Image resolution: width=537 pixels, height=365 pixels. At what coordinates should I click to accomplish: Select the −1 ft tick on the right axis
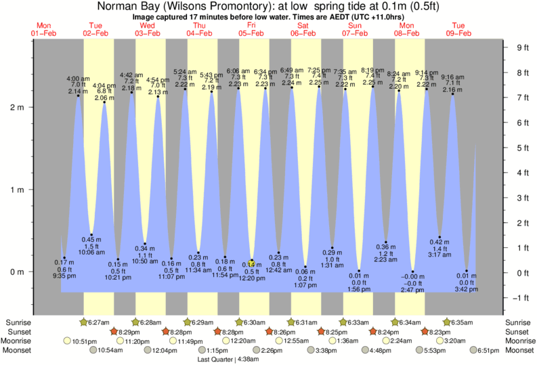point(521,298)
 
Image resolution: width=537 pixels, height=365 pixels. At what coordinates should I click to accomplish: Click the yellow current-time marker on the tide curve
point(251,263)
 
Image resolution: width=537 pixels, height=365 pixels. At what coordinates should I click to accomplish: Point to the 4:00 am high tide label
point(78,79)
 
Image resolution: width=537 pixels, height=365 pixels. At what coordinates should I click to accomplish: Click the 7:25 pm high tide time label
point(318,70)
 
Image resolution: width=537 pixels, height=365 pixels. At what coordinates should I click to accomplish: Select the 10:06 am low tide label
point(91,252)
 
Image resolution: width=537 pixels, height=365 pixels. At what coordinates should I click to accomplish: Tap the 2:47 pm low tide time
point(412,290)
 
